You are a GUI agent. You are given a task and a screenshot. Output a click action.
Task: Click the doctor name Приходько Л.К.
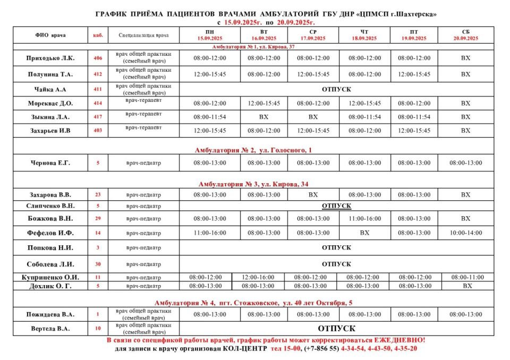50,58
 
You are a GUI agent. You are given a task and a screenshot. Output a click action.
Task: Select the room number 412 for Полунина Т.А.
98,74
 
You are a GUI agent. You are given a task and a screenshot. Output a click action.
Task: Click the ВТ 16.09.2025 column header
263,35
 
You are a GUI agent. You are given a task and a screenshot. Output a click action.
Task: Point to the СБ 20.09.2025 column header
465,35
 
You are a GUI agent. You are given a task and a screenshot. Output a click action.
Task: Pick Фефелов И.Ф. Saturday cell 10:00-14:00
465,233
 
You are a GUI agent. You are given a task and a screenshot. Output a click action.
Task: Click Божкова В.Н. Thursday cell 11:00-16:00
364,218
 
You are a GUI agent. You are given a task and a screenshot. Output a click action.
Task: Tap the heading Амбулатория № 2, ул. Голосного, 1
253,150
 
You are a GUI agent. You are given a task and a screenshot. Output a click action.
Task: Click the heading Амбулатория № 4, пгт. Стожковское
253,303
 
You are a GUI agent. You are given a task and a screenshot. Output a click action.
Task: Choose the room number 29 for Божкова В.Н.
98,218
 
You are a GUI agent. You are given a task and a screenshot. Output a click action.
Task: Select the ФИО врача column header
50,35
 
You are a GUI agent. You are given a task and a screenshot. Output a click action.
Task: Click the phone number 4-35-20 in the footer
404,349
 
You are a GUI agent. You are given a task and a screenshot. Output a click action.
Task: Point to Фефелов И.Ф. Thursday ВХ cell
364,233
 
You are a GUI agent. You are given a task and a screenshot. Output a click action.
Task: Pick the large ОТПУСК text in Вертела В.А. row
336,329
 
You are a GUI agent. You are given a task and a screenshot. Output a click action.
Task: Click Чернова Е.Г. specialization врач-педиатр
143,163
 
